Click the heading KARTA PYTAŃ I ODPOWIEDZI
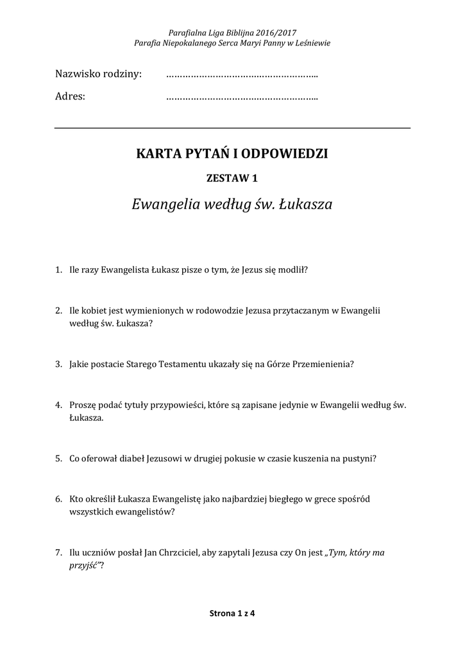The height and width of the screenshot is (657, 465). (x=232, y=153)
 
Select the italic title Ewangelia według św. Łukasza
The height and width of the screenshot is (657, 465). (x=232, y=205)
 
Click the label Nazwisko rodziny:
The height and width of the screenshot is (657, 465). (x=98, y=74)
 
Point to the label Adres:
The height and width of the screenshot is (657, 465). (x=70, y=97)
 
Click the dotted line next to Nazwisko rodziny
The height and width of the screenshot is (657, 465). (x=242, y=76)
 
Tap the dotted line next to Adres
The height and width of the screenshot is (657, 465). (x=242, y=99)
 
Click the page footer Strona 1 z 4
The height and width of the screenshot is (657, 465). (x=232, y=613)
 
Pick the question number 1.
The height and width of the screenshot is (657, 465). (x=58, y=270)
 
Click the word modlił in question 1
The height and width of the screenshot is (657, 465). (x=292, y=270)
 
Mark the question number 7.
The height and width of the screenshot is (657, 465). (x=58, y=552)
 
